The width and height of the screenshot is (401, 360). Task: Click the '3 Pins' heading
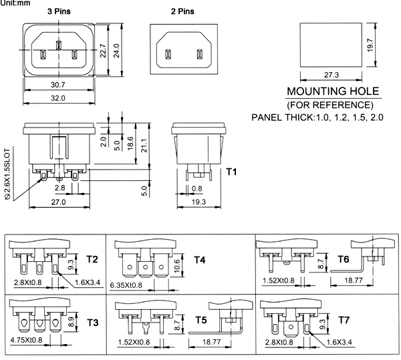(x=59, y=11)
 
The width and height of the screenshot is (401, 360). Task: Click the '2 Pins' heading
(x=182, y=11)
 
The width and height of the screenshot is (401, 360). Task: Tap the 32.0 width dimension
(x=58, y=98)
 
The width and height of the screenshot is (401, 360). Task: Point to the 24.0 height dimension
(x=116, y=51)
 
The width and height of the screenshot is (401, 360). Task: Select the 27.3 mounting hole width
(x=331, y=75)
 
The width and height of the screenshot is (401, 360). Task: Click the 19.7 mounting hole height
(x=370, y=45)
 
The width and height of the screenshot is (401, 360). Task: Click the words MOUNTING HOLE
(x=333, y=92)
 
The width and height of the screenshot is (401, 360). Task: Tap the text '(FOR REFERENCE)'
(x=330, y=105)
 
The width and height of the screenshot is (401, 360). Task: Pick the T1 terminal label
(x=231, y=172)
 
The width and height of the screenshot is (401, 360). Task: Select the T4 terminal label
(x=199, y=260)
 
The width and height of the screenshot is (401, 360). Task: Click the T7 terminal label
(x=344, y=320)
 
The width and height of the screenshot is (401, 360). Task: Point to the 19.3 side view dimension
(x=198, y=202)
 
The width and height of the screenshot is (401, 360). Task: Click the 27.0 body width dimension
(x=58, y=202)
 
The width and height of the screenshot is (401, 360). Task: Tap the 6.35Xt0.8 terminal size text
(x=126, y=285)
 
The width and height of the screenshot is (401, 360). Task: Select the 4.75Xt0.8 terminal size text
(x=26, y=340)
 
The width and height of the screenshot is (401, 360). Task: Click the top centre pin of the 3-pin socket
(x=59, y=45)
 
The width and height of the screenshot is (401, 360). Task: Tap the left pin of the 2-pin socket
(x=168, y=54)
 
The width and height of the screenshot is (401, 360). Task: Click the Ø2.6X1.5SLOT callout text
(x=7, y=174)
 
